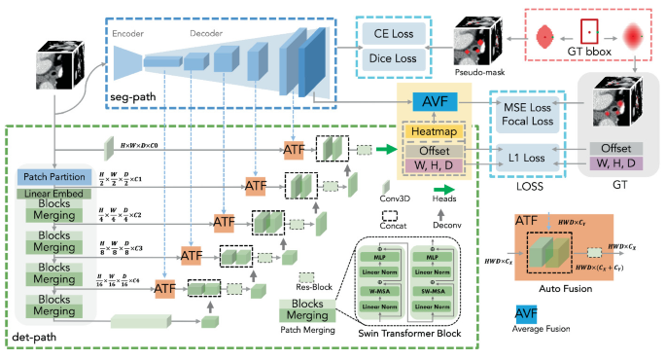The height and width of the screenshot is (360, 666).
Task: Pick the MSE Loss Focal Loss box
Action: [526, 115]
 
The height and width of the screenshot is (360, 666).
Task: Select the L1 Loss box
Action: [526, 157]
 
